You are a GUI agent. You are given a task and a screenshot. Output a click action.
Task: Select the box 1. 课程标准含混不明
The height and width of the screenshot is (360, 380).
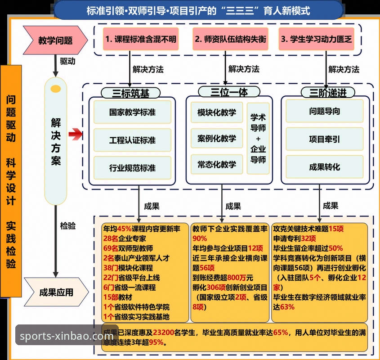click(140, 39)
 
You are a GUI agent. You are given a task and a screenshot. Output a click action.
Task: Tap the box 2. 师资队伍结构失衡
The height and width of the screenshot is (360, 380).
click(230, 39)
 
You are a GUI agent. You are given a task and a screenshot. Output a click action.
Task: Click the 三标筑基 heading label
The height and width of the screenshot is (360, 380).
click(130, 93)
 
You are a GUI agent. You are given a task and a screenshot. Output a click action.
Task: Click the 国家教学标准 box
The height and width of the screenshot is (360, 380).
click(132, 112)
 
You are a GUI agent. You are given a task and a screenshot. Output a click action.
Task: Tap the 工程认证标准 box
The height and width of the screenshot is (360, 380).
click(132, 140)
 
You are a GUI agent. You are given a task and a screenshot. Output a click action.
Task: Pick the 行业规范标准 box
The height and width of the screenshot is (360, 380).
click(132, 168)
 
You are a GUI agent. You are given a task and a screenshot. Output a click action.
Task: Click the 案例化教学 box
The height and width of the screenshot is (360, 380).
click(216, 138)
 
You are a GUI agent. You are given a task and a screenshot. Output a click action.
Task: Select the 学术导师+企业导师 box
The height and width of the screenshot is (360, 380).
click(258, 138)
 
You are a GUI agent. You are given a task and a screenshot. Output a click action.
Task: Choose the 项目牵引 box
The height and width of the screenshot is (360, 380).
click(324, 139)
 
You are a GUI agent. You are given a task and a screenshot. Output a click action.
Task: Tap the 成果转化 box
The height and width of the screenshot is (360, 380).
click(324, 167)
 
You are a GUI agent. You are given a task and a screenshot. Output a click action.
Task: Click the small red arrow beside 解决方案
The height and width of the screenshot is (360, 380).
click(76, 133)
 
